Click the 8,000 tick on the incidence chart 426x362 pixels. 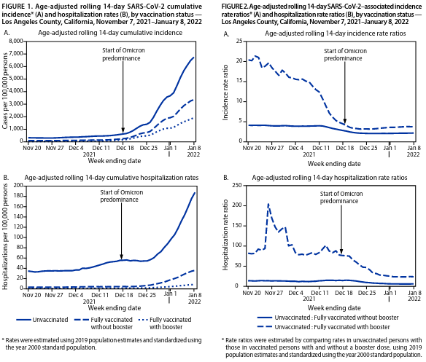coord(16,42)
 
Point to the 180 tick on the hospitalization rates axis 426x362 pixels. coord(18,196)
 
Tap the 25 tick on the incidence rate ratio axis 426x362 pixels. coord(239,42)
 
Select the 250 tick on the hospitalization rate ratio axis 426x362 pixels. coord(237,185)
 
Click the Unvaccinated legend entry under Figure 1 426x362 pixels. coord(42,320)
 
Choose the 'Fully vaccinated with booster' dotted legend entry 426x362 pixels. coord(165,323)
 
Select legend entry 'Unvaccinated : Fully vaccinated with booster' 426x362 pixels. coord(324,327)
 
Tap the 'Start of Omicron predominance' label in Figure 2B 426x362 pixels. coord(341,197)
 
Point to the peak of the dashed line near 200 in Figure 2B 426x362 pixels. coord(268,204)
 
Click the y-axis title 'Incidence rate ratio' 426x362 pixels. coord(225,93)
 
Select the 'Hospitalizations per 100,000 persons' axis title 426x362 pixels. coord(5,237)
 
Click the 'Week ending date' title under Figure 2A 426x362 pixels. coord(334,164)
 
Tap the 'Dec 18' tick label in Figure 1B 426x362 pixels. coord(124,295)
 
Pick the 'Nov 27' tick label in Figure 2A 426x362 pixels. coord(275,148)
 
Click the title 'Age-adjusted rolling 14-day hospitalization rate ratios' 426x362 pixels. coord(330,178)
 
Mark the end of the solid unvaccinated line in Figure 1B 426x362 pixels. coord(195,193)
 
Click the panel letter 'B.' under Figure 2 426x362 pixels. coord(226,178)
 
